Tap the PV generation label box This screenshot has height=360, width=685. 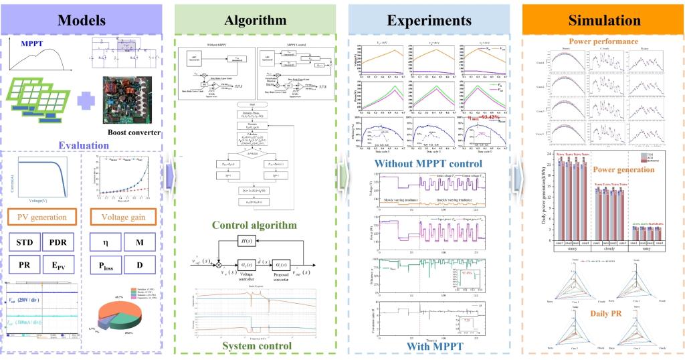point(43,217)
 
